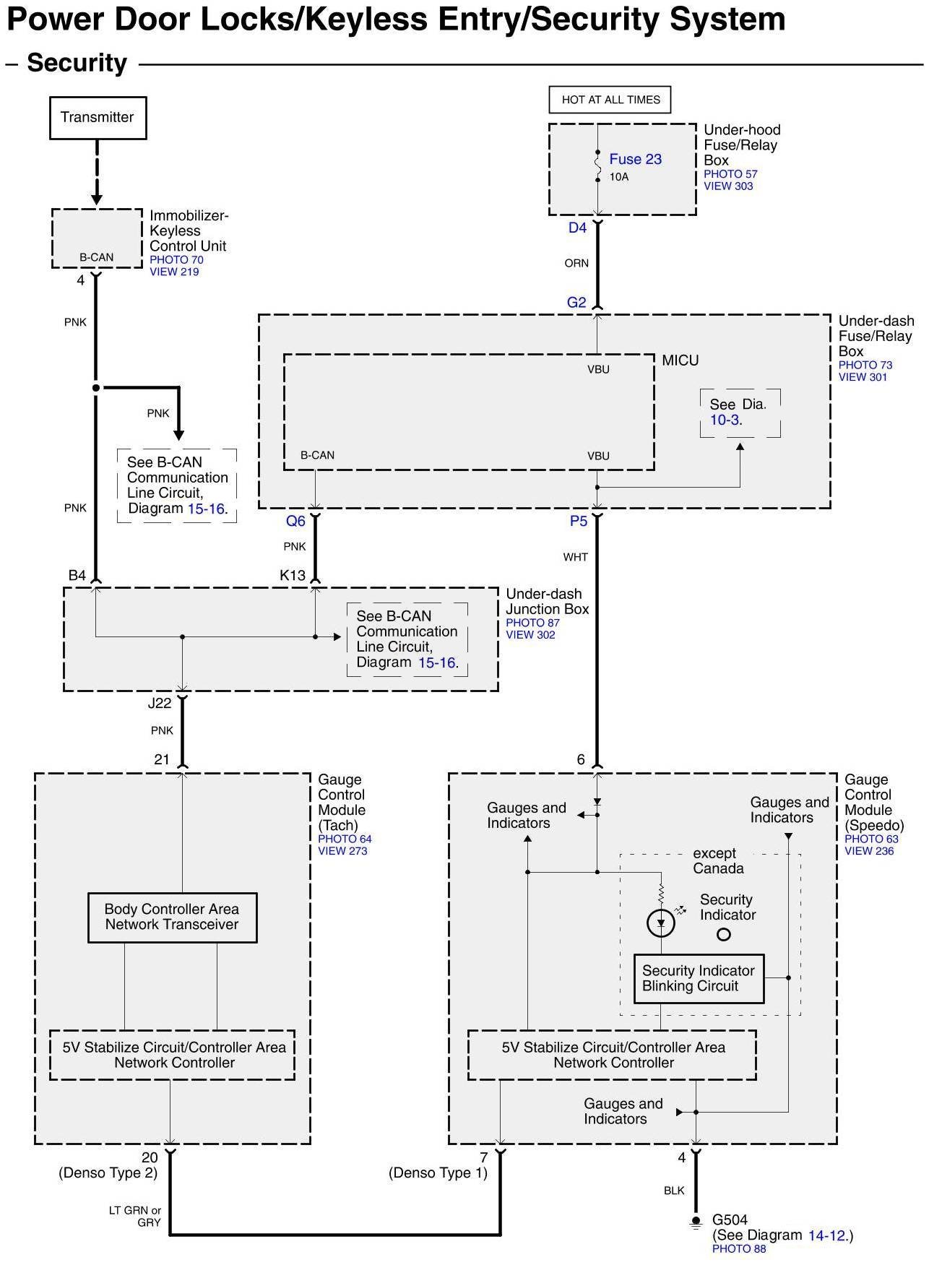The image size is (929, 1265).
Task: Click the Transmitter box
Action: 98,118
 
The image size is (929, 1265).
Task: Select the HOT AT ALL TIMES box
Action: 610,100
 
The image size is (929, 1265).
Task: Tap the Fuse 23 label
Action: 636,159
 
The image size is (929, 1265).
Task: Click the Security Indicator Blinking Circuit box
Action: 699,978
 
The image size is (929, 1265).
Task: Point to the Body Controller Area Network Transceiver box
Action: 172,918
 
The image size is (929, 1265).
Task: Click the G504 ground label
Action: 730,1220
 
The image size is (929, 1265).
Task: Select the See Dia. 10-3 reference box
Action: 740,413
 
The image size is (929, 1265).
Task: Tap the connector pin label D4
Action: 578,228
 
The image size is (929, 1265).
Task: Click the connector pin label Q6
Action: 295,521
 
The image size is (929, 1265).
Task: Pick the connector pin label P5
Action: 579,521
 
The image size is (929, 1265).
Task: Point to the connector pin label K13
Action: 293,576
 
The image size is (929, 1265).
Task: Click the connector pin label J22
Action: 160,703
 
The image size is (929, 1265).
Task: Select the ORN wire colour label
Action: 576,264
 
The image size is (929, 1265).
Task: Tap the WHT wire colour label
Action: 576,557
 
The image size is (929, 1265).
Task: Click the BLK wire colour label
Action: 674,1191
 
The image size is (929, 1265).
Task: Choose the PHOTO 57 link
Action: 730,174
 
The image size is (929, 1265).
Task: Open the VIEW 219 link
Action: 174,272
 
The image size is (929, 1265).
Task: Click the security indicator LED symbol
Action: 661,923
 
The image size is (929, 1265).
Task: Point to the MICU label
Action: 680,360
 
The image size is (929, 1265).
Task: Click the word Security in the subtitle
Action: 77,64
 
